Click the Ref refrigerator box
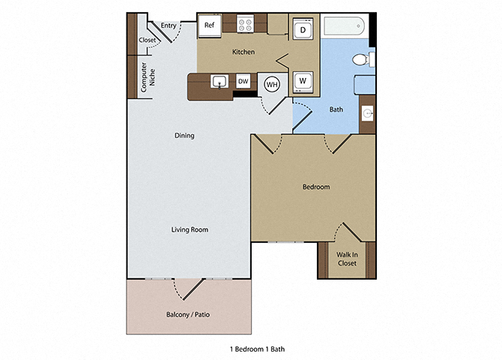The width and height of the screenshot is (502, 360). coord(210,25)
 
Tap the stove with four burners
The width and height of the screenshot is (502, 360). coord(246,24)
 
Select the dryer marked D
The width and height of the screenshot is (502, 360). coord(303,29)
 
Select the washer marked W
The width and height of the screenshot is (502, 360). coord(303,80)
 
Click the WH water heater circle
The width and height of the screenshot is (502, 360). coord(271,84)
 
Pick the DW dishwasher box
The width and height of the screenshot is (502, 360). coord(244,81)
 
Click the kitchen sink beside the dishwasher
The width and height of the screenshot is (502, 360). coord(220,81)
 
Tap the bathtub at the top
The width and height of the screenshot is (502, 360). coord(344,27)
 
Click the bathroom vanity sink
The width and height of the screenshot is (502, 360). coord(367,112)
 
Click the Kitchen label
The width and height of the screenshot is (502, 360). coord(244,52)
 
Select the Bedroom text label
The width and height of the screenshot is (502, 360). coord(315,187)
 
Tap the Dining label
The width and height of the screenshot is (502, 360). coord(184,136)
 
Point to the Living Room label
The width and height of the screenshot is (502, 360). coord(190,229)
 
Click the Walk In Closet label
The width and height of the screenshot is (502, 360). coord(345,259)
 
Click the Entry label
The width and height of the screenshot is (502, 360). coord(169,25)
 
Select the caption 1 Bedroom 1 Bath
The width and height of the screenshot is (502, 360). coord(257,349)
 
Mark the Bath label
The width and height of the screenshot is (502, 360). coord(336,109)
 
